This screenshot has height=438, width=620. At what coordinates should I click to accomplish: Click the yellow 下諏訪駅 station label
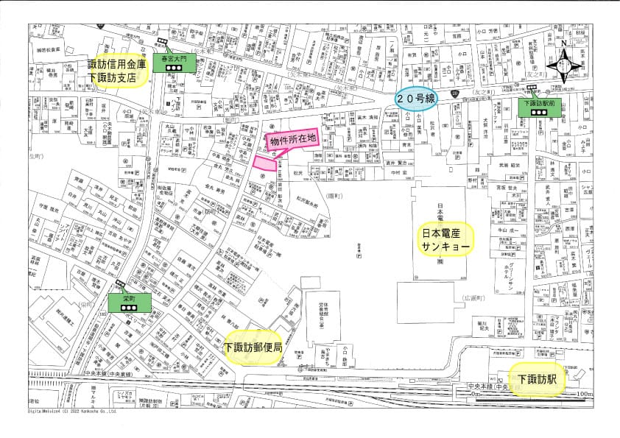pyautogui.click(x=537, y=380)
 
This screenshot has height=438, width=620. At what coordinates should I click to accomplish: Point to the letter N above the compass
pyautogui.click(x=564, y=43)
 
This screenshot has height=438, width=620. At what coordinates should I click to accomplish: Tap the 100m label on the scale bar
pyautogui.click(x=583, y=395)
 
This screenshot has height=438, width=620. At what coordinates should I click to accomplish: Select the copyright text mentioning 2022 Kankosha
pyautogui.click(x=73, y=411)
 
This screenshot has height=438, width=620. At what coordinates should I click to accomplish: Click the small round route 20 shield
pyautogui.click(x=456, y=93)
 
